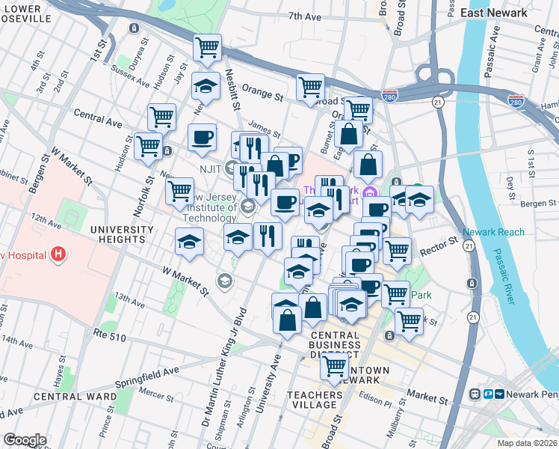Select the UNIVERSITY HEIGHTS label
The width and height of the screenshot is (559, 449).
pyautogui.click(x=117, y=233)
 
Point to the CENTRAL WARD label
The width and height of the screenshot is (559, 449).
pyautogui.click(x=75, y=396)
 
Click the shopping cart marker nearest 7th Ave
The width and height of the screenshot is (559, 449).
pyautogui.click(x=208, y=48)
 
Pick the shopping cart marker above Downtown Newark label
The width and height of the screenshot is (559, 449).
pyautogui.click(x=334, y=367)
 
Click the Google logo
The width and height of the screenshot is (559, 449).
pyautogui.click(x=25, y=440)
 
